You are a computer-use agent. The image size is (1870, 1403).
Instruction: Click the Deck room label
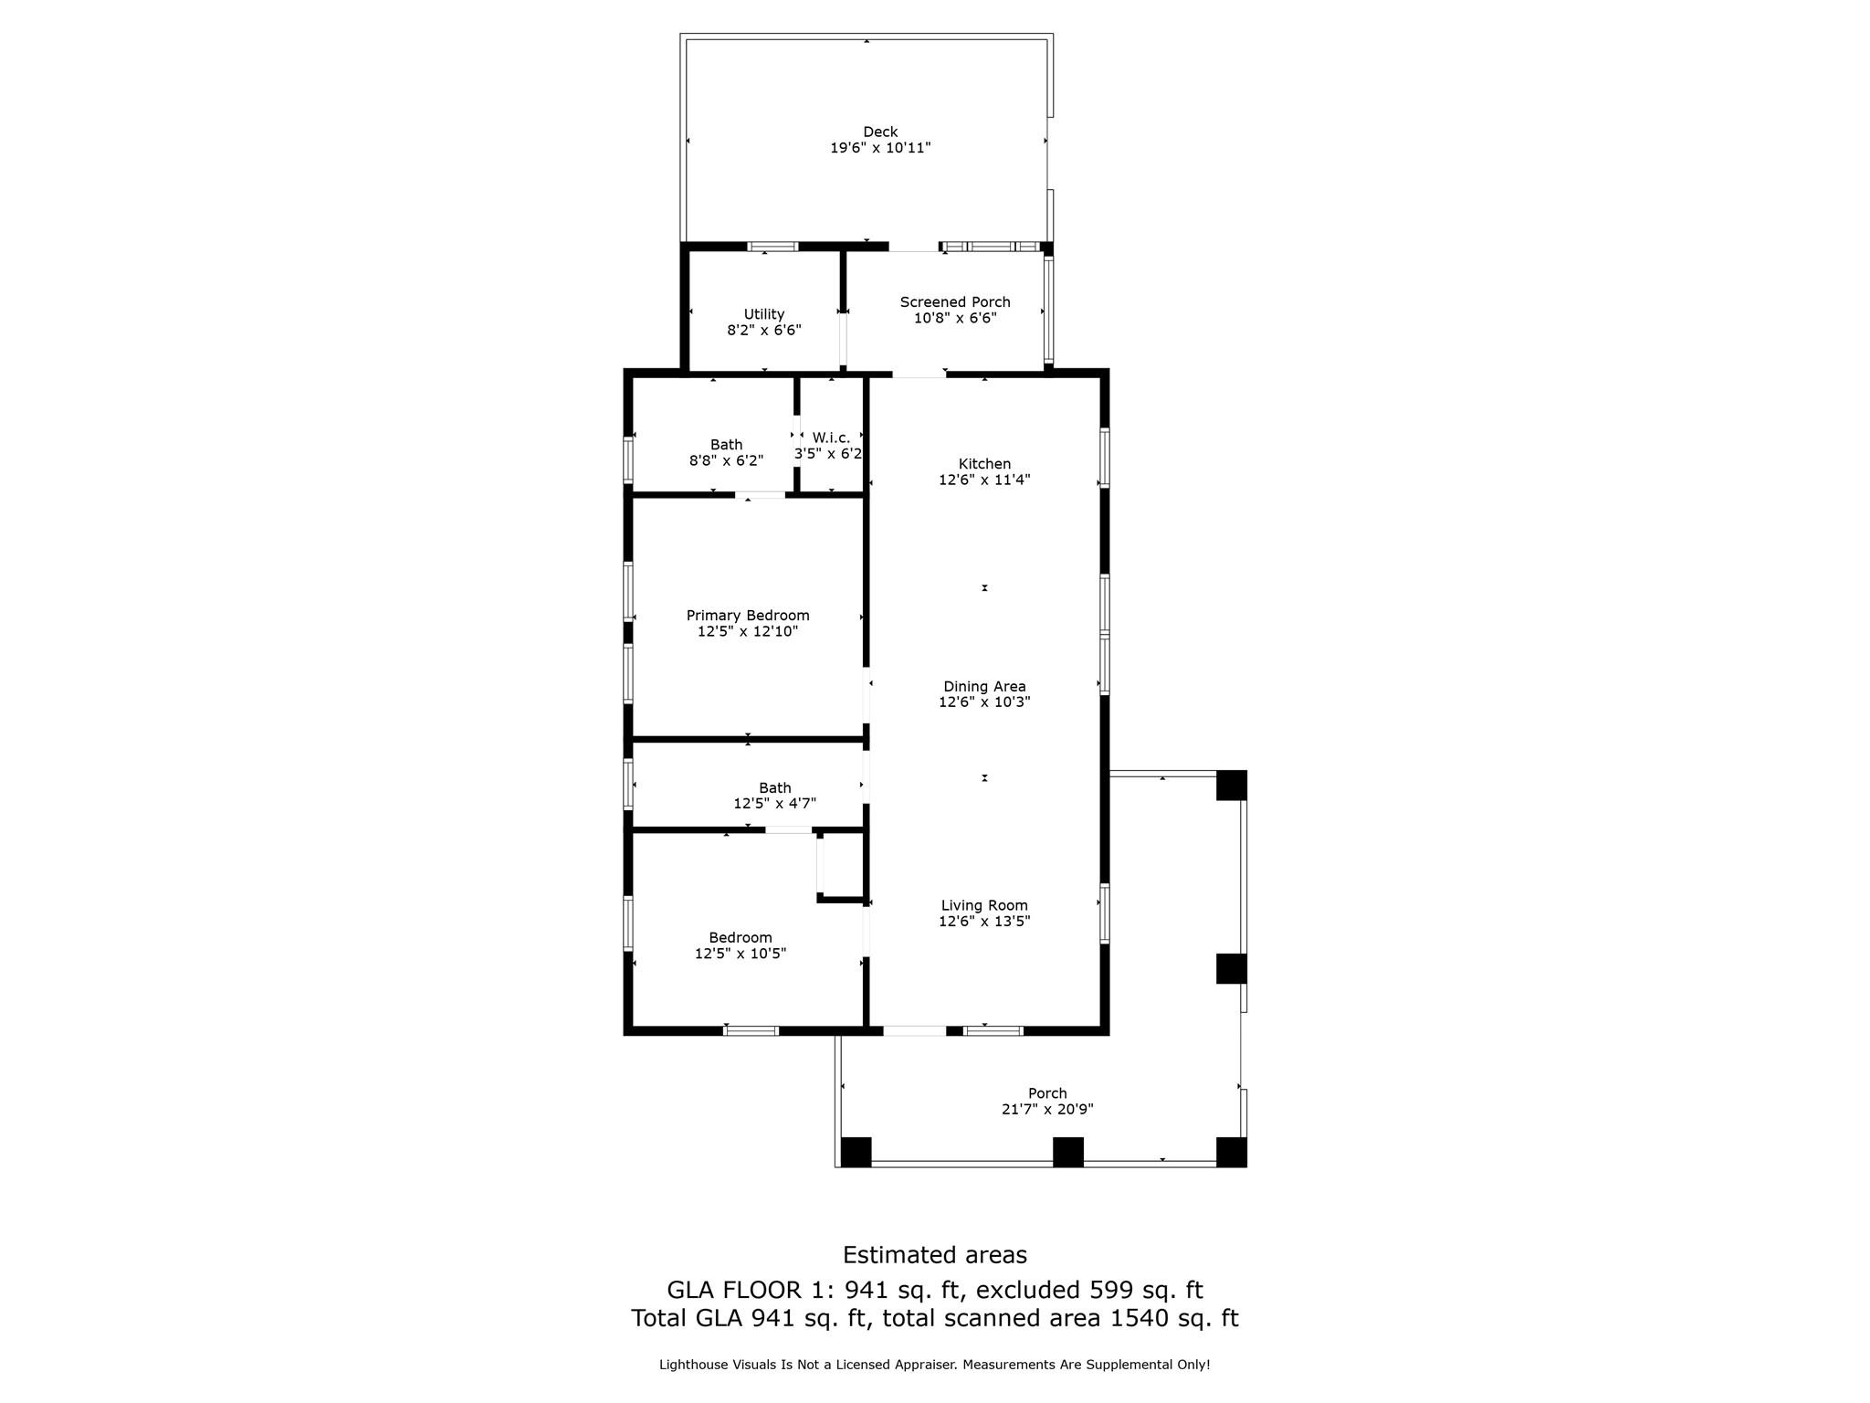880,132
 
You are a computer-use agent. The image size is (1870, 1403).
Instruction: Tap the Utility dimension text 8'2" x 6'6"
764,330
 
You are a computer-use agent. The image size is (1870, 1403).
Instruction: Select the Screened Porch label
955,302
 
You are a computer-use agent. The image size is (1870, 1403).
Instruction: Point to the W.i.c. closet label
831,438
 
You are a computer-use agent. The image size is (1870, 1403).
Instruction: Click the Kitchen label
984,464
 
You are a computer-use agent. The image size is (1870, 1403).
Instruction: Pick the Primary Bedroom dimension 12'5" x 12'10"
748,631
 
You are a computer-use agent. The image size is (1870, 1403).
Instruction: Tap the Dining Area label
984,687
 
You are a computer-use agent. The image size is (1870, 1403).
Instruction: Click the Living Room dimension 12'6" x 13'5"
984,922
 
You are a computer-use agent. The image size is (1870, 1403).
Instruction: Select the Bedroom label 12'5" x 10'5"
741,938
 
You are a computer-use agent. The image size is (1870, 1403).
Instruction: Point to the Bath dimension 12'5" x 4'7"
774,804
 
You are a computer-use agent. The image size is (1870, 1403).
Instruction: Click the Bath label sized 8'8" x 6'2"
726,445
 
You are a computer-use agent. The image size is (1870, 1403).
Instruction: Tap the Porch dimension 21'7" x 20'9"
1047,1110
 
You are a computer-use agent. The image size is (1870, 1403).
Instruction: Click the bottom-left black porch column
856,1152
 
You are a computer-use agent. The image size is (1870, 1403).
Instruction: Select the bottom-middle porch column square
1067,1152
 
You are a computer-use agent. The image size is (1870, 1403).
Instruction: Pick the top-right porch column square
1231,786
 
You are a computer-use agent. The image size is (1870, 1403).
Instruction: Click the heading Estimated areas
934,1255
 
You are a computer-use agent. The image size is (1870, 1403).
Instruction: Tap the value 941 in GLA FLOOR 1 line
865,1290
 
